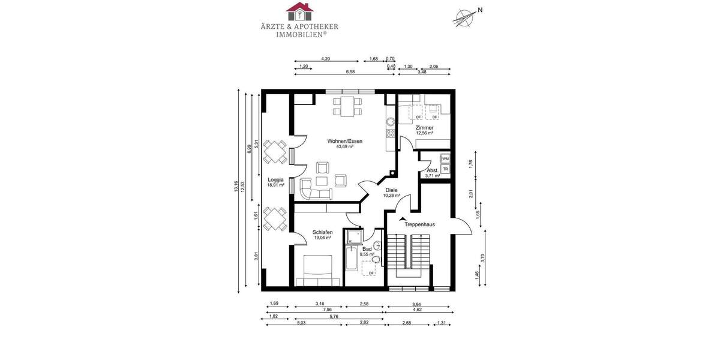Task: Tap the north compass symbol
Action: pyautogui.click(x=463, y=17)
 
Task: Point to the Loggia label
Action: pyautogui.click(x=275, y=179)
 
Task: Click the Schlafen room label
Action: pyautogui.click(x=322, y=232)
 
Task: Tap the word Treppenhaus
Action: pyautogui.click(x=419, y=224)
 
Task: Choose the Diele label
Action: pyautogui.click(x=392, y=190)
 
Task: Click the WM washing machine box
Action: pyautogui.click(x=445, y=159)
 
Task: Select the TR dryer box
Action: pyautogui.click(x=445, y=169)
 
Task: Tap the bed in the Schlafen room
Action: pyautogui.click(x=318, y=270)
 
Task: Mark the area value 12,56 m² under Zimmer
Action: pyautogui.click(x=424, y=133)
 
